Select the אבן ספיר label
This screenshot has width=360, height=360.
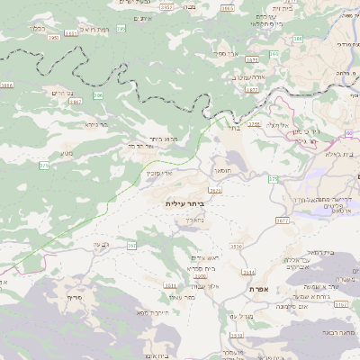point(225,54)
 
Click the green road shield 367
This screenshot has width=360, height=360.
point(131,245)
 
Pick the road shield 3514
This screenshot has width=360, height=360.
point(248,271)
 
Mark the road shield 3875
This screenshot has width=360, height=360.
point(251,59)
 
